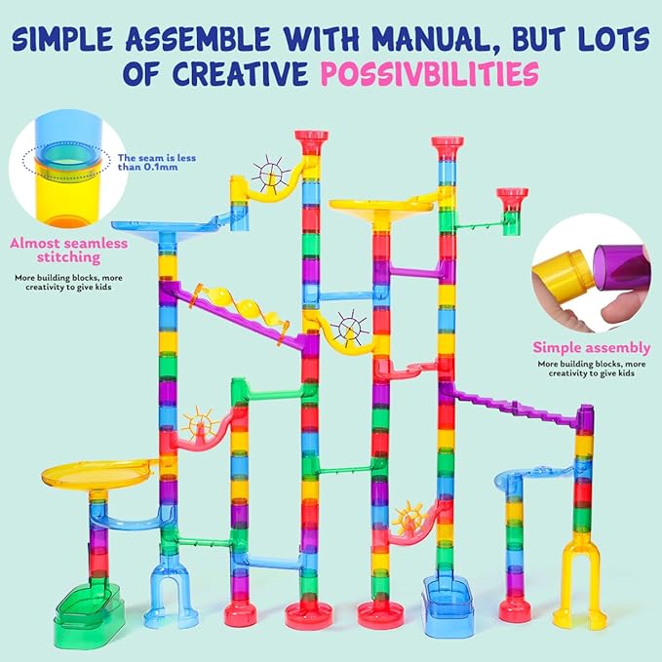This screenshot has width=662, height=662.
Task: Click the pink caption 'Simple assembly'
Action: [592, 346]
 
